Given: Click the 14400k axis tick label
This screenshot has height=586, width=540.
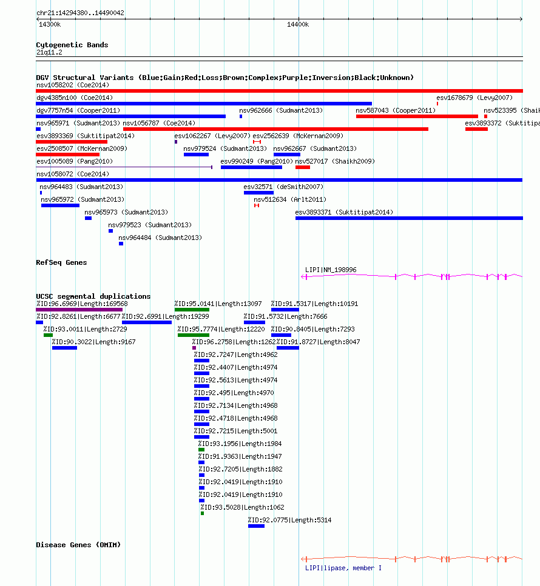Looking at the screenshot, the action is click(298, 25).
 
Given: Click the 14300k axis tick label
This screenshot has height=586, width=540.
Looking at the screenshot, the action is click(50, 25).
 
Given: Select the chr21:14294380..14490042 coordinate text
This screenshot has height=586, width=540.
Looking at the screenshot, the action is click(80, 13).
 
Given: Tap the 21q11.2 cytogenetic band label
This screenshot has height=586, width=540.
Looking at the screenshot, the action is click(49, 52).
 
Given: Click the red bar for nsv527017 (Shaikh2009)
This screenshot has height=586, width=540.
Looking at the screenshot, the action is click(303, 167).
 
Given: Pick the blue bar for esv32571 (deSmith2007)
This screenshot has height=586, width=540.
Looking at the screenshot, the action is click(258, 193).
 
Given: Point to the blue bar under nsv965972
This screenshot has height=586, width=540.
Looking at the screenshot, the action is click(60, 205).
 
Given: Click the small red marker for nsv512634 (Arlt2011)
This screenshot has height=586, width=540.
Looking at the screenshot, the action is click(257, 205).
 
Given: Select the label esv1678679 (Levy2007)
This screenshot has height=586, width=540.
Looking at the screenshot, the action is click(474, 98).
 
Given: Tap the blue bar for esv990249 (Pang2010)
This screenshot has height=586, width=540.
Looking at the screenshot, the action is click(251, 167).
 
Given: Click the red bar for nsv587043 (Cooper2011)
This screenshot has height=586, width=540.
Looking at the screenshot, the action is click(417, 116).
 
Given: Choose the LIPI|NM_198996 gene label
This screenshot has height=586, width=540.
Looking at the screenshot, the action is click(331, 270).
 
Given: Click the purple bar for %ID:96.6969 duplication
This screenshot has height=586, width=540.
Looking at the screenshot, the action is click(79, 310).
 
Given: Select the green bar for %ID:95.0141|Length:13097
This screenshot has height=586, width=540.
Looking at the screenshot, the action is click(192, 310).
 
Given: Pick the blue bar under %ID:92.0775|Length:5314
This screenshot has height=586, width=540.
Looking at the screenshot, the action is click(256, 526).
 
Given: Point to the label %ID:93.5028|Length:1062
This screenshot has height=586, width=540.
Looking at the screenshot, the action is click(242, 507).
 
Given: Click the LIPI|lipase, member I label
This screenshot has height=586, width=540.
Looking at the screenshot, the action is click(343, 568).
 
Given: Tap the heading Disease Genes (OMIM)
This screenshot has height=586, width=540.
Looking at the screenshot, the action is click(78, 545).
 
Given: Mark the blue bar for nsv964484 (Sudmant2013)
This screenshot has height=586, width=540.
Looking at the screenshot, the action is click(121, 244).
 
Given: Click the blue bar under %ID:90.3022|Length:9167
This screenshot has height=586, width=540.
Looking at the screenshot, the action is click(64, 348).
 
